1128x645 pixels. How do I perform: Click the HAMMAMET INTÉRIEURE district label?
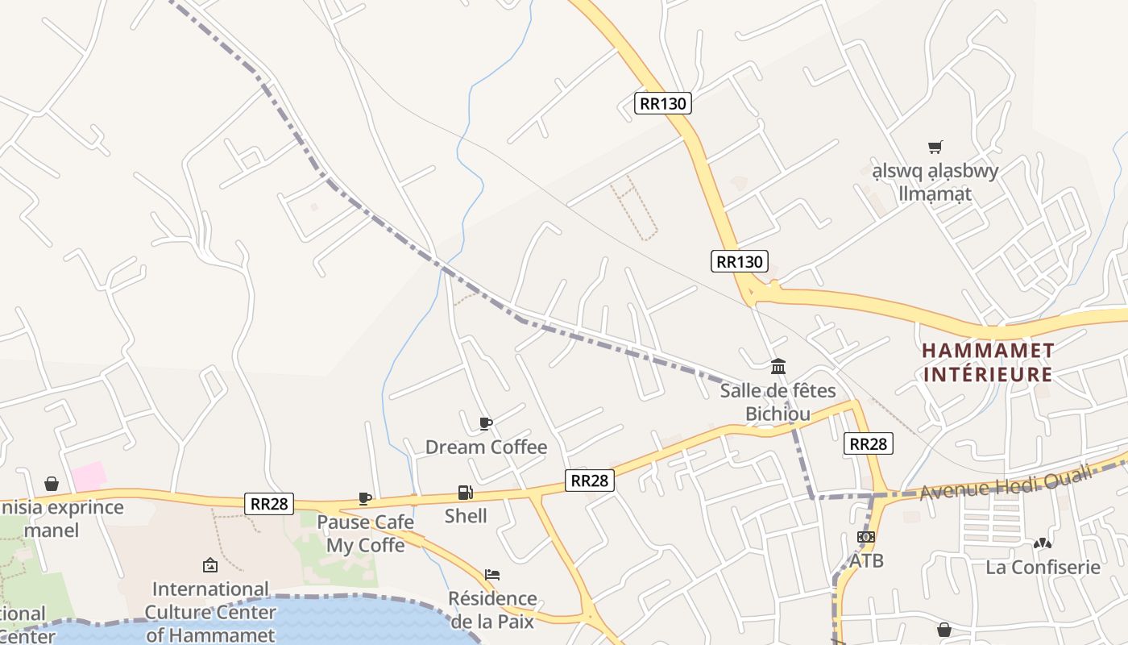988,362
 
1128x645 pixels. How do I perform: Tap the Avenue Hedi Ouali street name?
1006,482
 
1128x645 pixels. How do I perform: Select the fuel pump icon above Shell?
465,492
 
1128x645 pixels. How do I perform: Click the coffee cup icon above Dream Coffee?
486,423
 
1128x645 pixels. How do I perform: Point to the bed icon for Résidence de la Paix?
492,575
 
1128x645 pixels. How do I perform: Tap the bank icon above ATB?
866,537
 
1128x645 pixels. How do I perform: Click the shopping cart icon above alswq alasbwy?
935,147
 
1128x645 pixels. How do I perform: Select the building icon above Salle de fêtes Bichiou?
778,367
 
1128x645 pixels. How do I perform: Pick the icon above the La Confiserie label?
1043,543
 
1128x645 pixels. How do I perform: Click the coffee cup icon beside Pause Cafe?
365,498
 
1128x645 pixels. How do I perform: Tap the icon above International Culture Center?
210,565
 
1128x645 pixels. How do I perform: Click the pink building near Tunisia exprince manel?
89,476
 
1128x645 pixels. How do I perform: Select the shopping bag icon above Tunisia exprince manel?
52,484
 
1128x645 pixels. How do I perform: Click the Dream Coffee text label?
486,447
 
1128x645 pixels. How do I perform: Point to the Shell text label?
466,516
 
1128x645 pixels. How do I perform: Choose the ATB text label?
866,560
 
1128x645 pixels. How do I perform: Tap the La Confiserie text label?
1043,567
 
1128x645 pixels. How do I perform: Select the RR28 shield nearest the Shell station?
589,481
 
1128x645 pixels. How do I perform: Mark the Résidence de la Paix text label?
492,610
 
